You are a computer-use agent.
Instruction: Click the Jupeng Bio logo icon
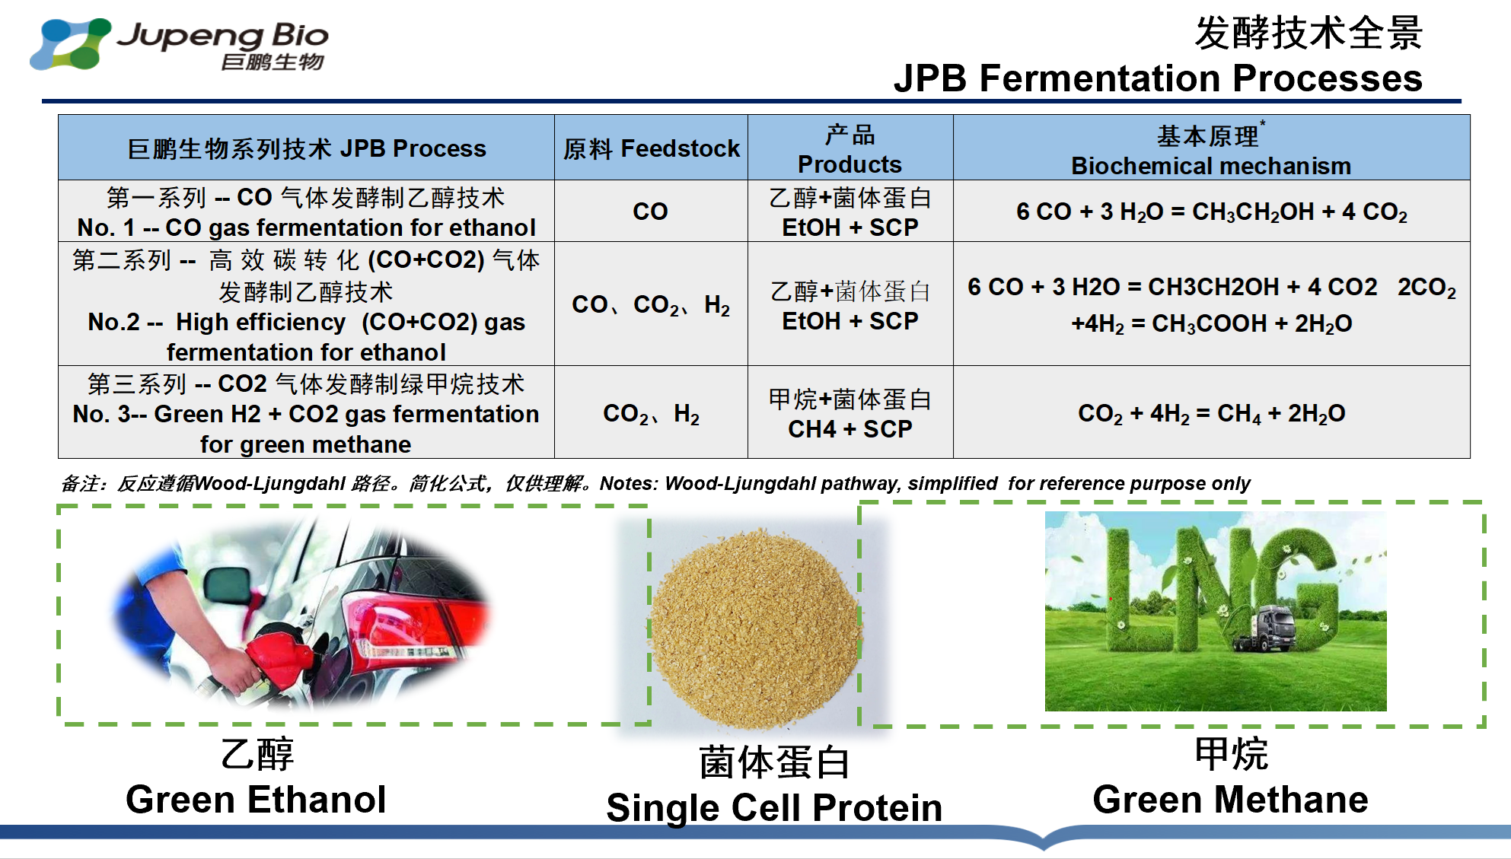(70, 43)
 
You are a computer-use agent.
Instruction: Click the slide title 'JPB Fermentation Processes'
(1158, 78)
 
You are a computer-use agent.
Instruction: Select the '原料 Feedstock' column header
(652, 148)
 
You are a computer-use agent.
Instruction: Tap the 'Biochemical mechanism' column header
(1211, 166)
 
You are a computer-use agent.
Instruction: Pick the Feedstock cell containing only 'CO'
(650, 212)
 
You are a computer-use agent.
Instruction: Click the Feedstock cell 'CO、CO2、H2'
(651, 305)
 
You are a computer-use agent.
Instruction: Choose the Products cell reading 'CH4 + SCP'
(850, 429)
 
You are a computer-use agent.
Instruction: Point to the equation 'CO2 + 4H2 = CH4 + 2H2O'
(1211, 414)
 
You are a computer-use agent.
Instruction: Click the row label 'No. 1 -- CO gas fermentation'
(306, 227)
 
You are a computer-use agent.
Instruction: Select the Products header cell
(850, 148)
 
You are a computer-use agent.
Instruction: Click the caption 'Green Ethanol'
(256, 800)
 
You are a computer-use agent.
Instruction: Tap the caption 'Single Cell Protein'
(774, 808)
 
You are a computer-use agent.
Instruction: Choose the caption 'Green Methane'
(1230, 800)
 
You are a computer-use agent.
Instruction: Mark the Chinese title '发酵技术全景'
(1309, 33)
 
